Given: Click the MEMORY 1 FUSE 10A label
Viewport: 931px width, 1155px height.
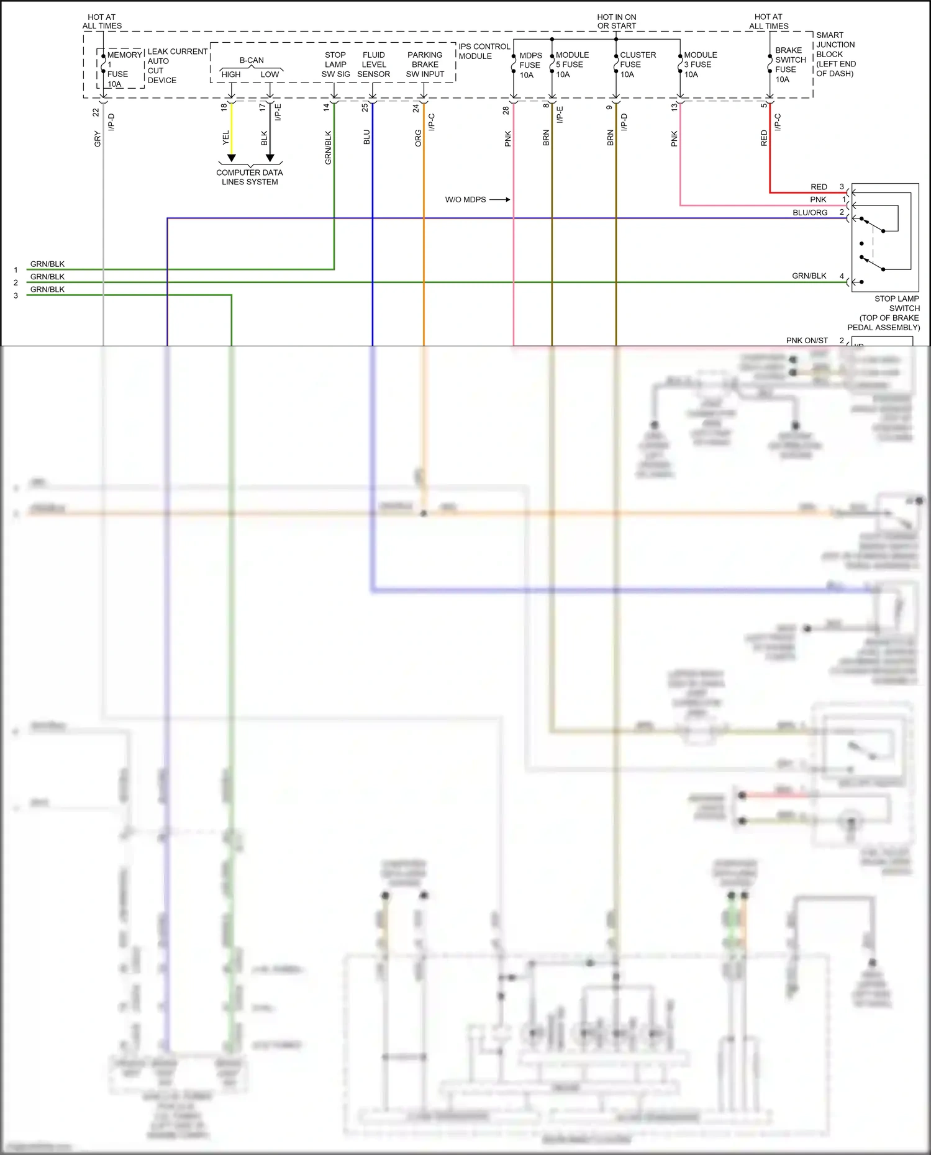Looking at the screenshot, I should click(x=122, y=69).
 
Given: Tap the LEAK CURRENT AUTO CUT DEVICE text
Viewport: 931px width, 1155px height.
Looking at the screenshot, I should click(x=177, y=66).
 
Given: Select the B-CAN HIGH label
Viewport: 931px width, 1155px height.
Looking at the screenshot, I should click(x=231, y=74).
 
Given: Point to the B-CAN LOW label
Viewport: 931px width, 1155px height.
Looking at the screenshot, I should click(x=270, y=74).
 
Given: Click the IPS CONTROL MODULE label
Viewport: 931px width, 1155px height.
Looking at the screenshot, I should click(x=484, y=51).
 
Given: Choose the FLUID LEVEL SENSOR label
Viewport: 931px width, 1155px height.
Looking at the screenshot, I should click(x=374, y=65).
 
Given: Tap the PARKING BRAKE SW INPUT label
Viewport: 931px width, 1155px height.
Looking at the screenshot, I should click(x=425, y=65).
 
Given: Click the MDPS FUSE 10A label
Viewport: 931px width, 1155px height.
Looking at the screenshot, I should click(x=530, y=65).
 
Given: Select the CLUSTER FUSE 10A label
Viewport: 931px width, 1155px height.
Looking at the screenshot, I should click(x=637, y=65).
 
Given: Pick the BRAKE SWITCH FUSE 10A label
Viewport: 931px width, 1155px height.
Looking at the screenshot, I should click(x=789, y=65).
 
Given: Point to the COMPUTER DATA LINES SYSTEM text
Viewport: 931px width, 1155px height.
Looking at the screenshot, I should click(x=250, y=177).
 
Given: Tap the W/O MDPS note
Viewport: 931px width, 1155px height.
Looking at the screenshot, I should click(x=465, y=200).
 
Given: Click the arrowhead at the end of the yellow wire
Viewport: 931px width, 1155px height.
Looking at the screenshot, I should click(x=231, y=158).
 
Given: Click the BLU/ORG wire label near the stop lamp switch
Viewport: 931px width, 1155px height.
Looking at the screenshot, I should click(x=810, y=212).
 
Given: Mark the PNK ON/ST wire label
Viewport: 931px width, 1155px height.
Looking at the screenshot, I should click(x=807, y=340).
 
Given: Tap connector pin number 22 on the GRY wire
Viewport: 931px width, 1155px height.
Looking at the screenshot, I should click(x=96, y=112).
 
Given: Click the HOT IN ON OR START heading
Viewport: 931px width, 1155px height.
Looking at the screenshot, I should click(x=616, y=22).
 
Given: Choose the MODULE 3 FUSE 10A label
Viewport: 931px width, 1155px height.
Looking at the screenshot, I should click(x=700, y=65).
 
